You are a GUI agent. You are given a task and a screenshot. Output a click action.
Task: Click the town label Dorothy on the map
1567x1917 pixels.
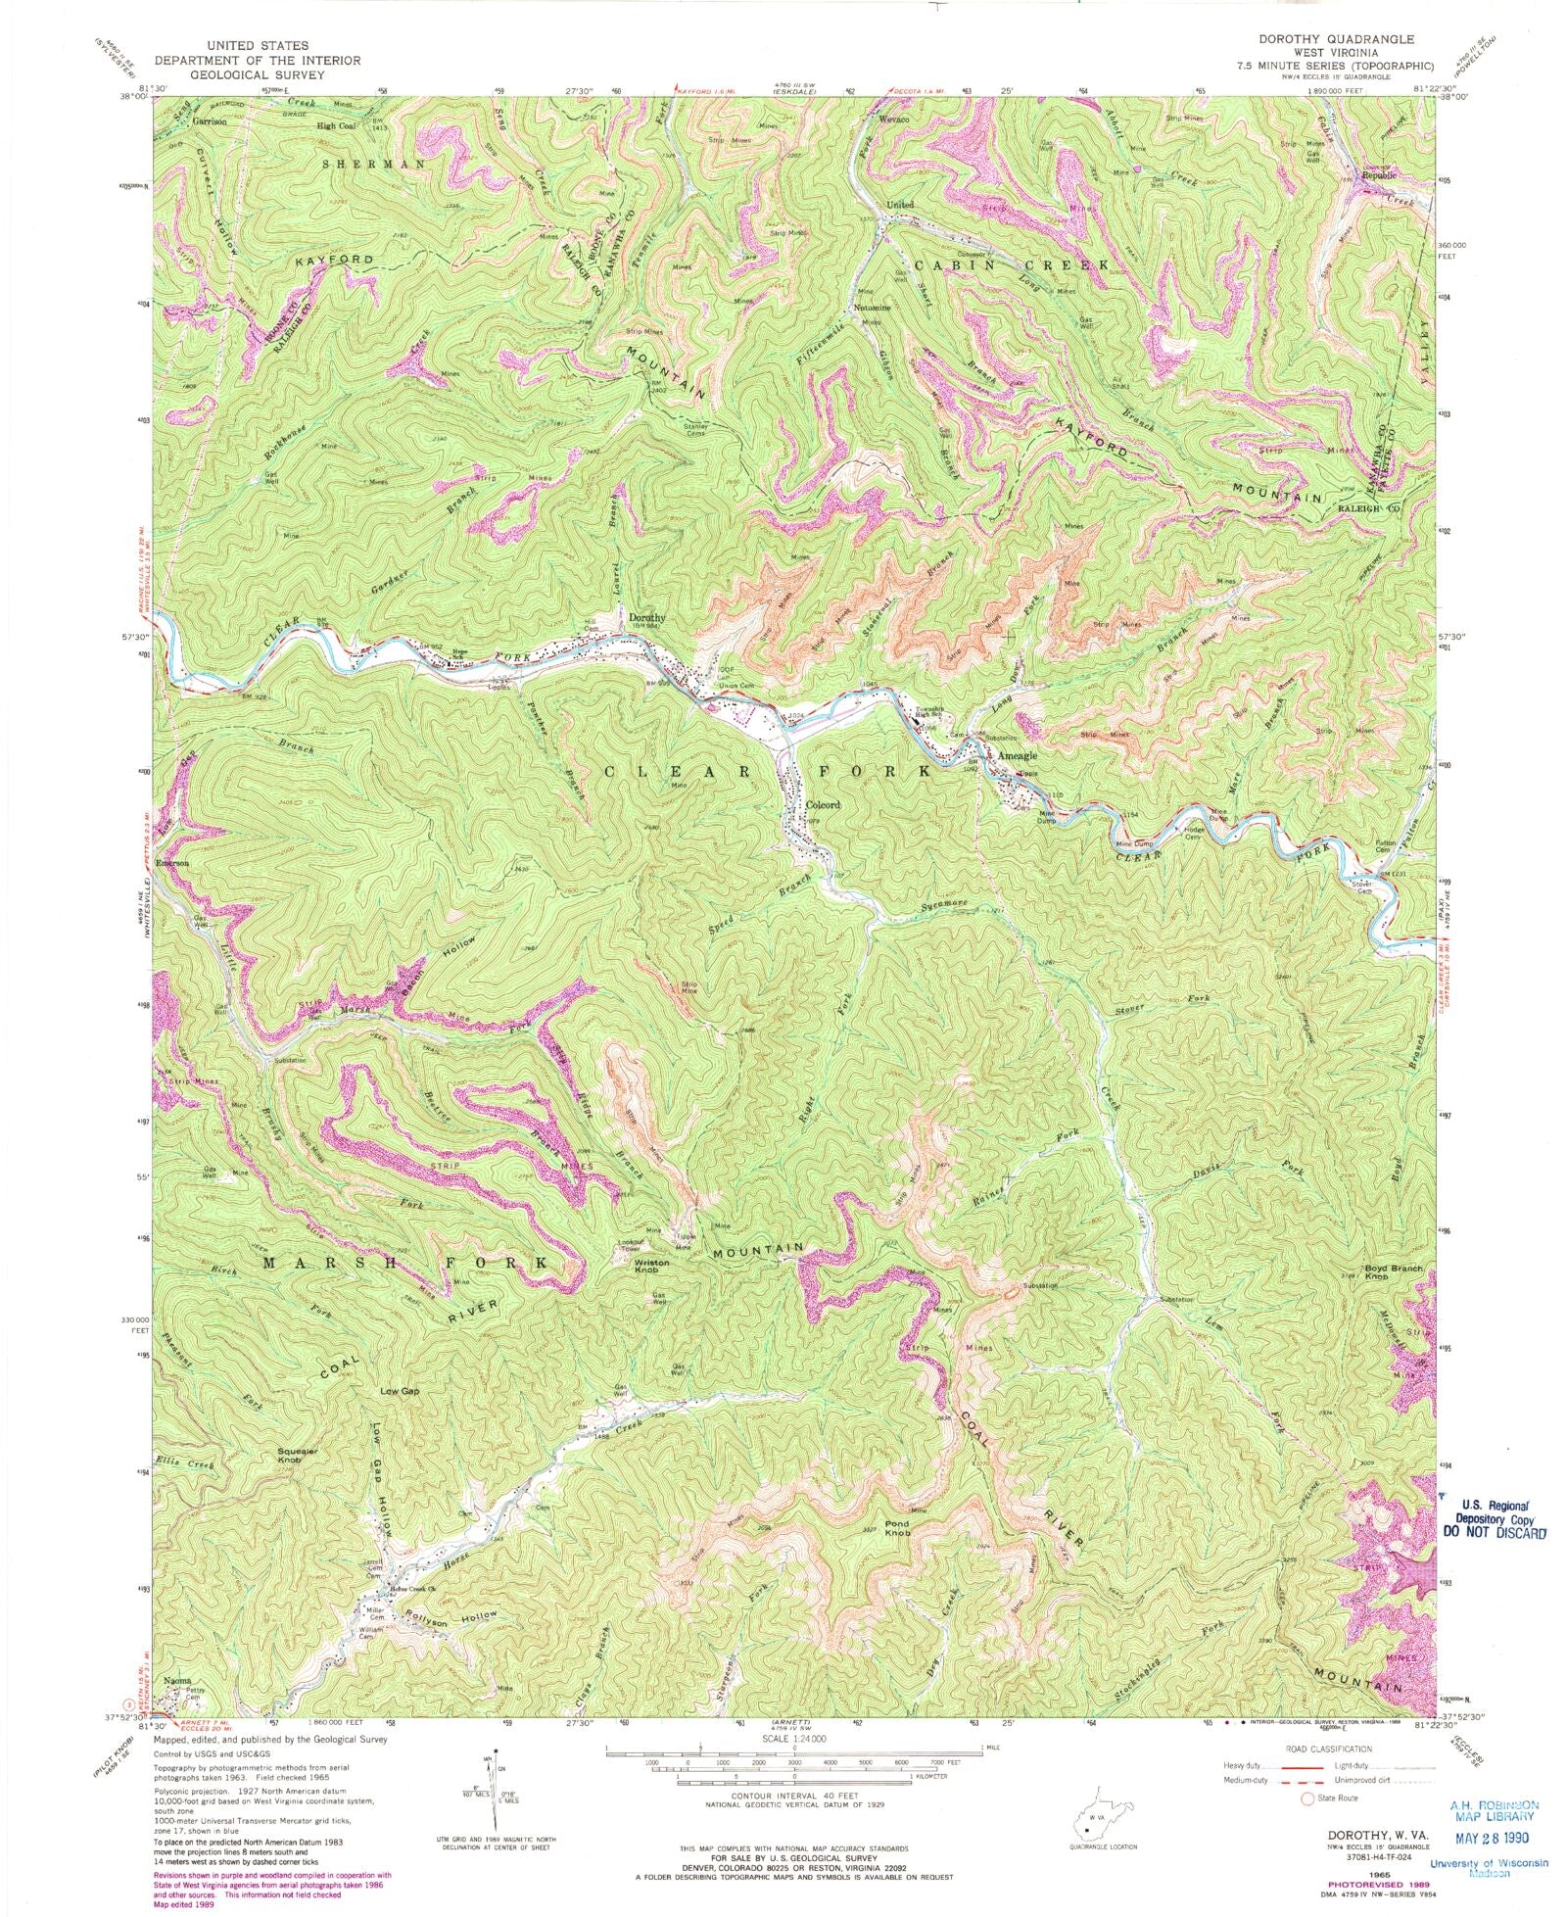pyautogui.click(x=646, y=618)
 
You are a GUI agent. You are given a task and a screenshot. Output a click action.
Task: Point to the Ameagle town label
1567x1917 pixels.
pyautogui.click(x=1017, y=756)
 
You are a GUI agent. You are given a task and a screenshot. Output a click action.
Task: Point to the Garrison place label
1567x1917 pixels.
pyautogui.click(x=210, y=121)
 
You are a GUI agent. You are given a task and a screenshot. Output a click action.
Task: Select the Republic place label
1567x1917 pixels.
pyautogui.click(x=1377, y=174)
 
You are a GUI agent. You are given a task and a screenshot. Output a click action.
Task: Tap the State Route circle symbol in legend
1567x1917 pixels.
pyautogui.click(x=1305, y=1798)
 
